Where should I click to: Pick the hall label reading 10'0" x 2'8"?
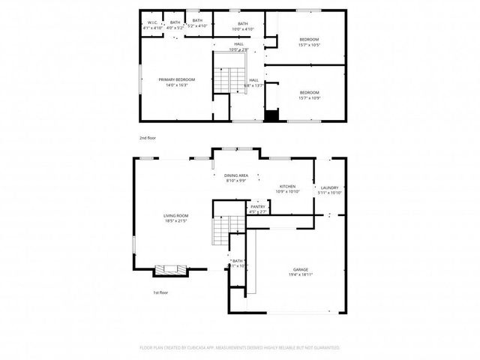[x=238, y=46]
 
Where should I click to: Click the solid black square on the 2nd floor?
[x=271, y=115]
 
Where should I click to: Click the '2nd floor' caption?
[x=148, y=139]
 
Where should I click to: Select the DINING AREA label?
[x=236, y=178]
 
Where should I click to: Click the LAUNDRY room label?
[x=330, y=190]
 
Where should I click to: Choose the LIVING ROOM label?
[x=175, y=218]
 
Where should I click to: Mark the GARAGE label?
[x=301, y=272]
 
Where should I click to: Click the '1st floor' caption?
[x=160, y=292]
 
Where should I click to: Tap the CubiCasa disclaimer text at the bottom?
[x=240, y=348]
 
